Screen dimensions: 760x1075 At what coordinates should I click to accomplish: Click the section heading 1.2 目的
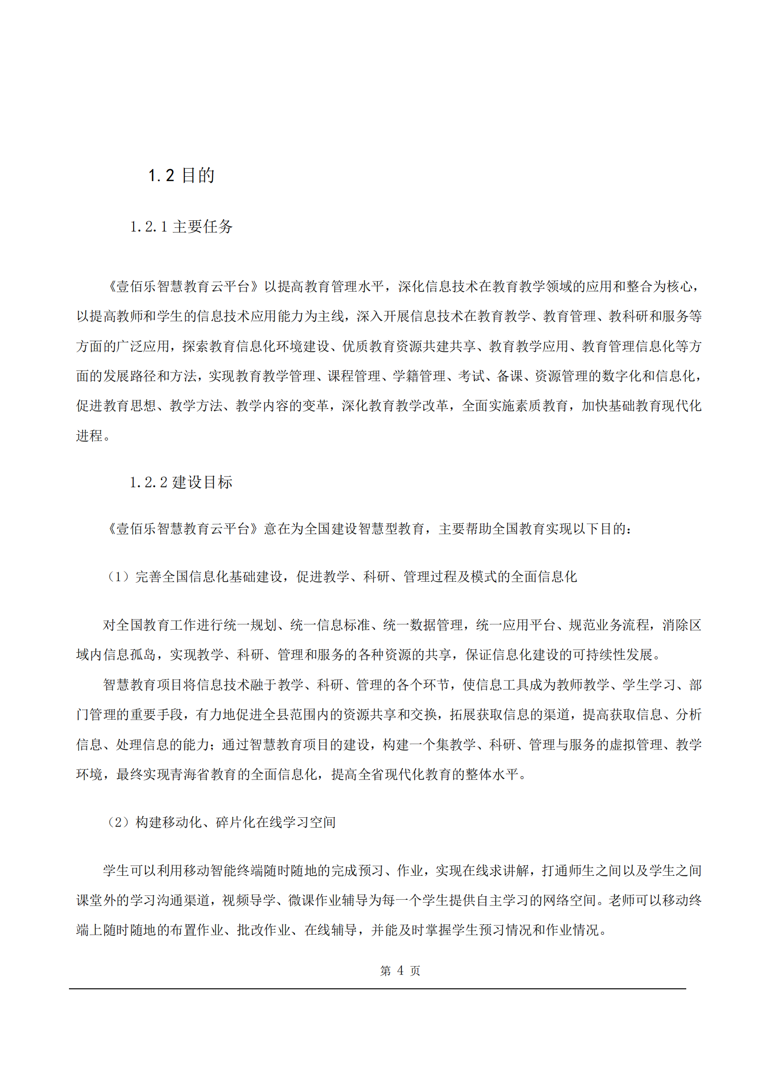(x=181, y=175)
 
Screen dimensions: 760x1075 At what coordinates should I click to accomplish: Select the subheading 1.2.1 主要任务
(x=181, y=226)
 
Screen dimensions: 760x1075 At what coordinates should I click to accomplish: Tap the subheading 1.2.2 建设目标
(x=181, y=482)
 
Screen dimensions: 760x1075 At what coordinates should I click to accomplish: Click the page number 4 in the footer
(x=400, y=970)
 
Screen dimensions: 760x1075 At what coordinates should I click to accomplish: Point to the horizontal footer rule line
(x=377, y=988)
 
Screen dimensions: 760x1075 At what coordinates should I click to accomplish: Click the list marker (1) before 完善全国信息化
(x=118, y=577)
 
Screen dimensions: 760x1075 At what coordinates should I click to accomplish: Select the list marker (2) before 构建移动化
(x=118, y=822)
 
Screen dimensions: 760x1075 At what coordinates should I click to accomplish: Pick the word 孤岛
(x=143, y=655)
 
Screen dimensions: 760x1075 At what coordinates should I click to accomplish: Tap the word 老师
(x=621, y=900)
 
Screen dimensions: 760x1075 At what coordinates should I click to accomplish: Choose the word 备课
(x=510, y=376)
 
